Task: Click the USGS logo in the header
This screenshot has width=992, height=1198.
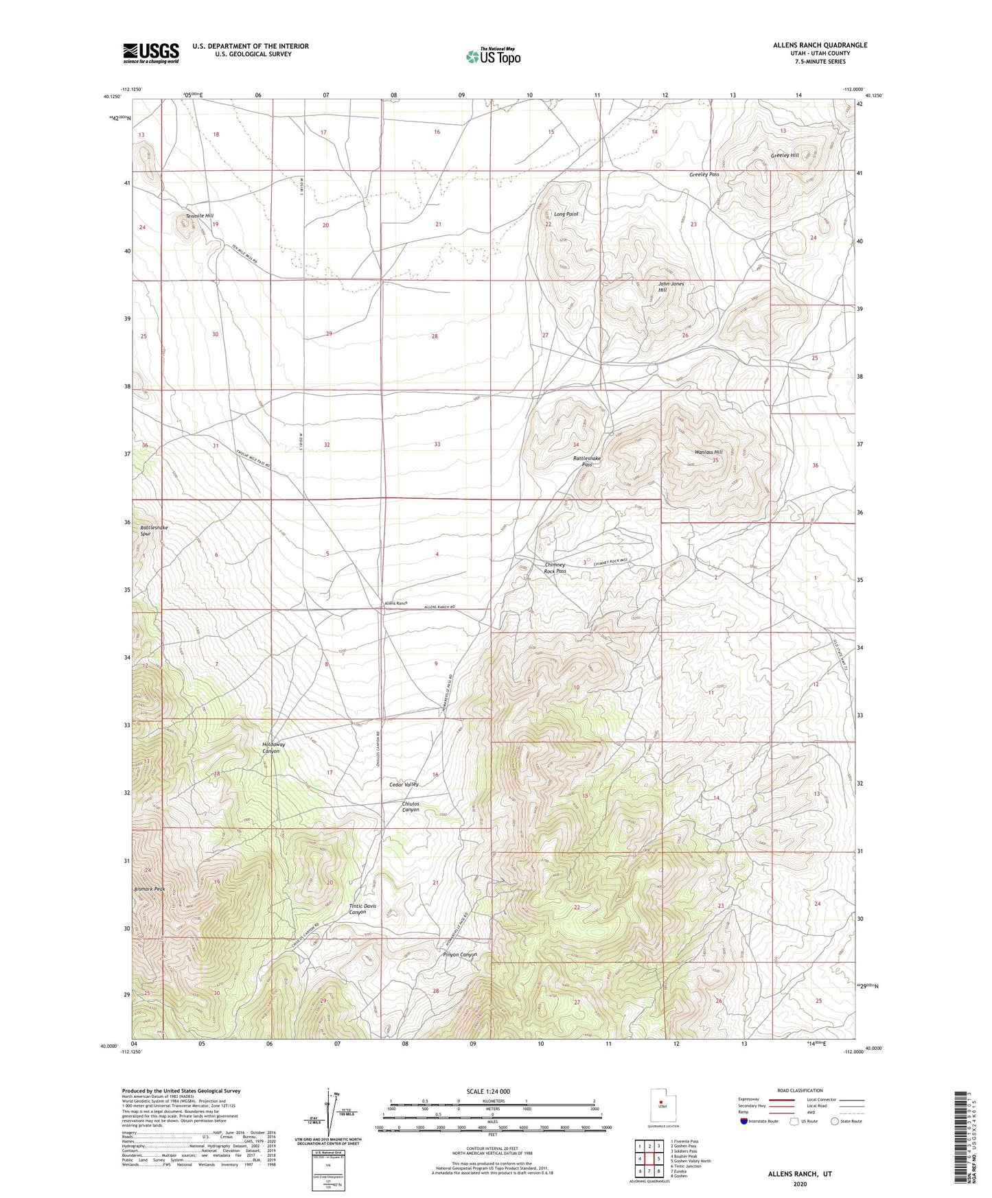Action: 151,53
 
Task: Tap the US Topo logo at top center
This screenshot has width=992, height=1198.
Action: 492,56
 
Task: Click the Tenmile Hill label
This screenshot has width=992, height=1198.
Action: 199,216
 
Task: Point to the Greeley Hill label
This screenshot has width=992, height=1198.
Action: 784,156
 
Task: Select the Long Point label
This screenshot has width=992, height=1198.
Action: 566,214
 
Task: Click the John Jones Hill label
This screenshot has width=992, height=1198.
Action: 671,287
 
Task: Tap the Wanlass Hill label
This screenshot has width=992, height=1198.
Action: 708,452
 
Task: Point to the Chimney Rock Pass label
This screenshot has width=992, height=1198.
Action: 555,568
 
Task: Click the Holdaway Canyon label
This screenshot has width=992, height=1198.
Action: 273,747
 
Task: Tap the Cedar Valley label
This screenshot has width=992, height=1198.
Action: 404,784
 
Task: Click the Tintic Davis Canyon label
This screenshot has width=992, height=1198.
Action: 362,909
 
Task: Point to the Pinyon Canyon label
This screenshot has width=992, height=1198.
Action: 459,954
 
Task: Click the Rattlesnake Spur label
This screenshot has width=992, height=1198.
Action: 154,530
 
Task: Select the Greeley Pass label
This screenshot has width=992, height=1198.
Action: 704,175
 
